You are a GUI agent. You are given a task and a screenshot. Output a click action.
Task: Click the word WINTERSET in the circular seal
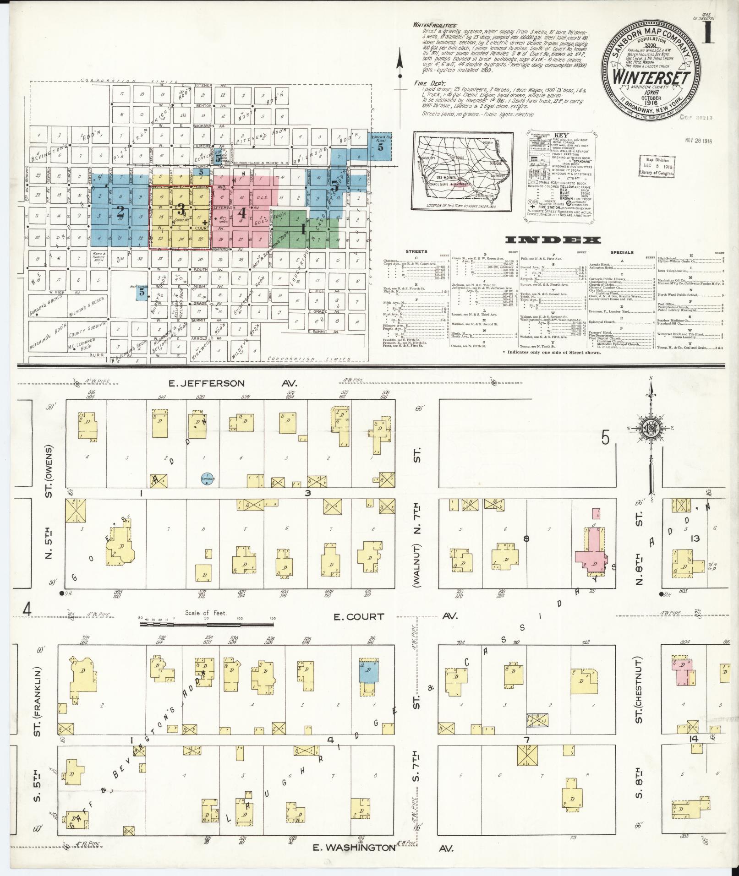click(653, 76)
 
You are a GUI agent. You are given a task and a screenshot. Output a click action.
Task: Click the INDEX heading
click(553, 240)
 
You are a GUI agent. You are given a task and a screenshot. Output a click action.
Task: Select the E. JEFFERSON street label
click(207, 383)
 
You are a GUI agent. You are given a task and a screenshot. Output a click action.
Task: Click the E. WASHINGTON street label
click(353, 847)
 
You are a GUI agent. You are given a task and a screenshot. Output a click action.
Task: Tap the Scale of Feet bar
click(207, 623)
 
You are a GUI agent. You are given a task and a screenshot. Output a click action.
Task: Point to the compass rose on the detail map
click(650, 428)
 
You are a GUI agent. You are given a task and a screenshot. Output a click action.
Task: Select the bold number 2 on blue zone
click(120, 212)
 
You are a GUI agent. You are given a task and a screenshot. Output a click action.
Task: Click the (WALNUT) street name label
click(417, 565)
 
